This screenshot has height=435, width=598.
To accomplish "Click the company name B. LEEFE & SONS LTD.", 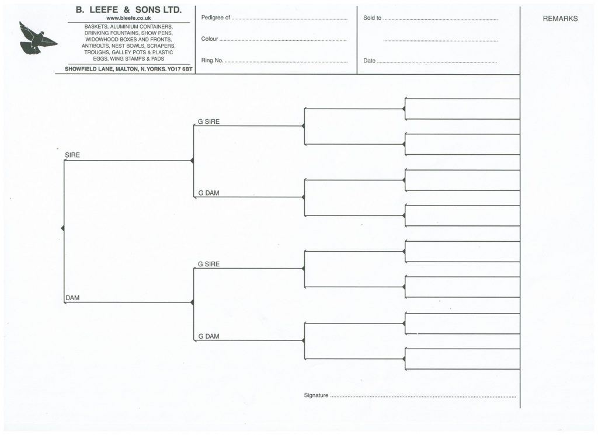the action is (x=128, y=10).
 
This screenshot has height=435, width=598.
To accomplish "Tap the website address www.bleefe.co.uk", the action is (x=128, y=18).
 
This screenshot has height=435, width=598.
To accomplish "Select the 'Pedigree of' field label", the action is (x=215, y=18).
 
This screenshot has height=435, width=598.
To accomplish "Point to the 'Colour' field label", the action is (x=210, y=39).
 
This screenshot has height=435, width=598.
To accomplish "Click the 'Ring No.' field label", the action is (x=212, y=60).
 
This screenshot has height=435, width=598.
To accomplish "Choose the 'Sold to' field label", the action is (x=372, y=18).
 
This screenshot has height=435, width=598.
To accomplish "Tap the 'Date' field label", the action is (x=369, y=61).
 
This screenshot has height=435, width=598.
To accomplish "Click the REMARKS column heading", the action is (x=560, y=19).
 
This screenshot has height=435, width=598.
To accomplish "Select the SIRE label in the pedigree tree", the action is (x=72, y=155).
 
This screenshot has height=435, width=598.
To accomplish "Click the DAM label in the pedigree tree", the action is (x=72, y=298).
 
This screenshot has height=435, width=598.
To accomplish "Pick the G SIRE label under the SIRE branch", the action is (x=208, y=121).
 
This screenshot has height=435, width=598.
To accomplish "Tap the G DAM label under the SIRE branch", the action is (x=208, y=193).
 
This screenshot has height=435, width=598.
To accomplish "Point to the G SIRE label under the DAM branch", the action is (x=208, y=264).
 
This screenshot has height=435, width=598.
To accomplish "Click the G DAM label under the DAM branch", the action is (x=208, y=336).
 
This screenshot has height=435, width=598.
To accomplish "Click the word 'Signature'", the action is (x=316, y=395).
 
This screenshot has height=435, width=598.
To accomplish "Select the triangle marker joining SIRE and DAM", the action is (x=63, y=228).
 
